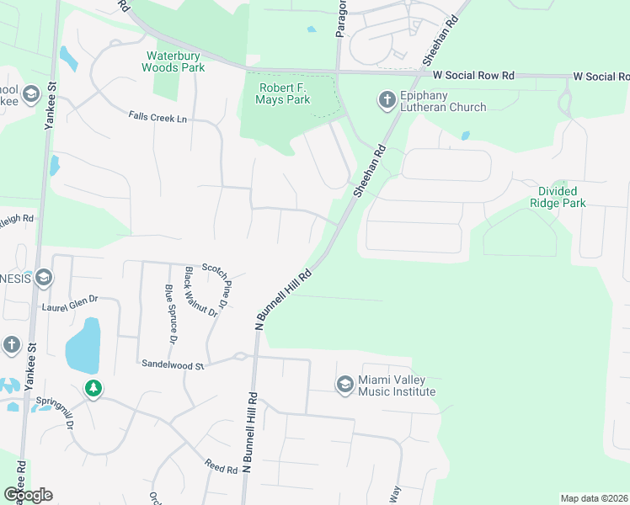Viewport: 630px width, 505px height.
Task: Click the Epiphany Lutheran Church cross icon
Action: [387, 100]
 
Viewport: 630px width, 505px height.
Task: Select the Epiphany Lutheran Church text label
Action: [443, 101]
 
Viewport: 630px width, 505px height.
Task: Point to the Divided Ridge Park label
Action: [557, 197]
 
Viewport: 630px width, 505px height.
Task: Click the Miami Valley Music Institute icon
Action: [344, 385]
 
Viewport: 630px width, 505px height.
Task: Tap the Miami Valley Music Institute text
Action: [396, 385]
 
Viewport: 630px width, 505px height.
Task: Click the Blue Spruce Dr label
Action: [169, 314]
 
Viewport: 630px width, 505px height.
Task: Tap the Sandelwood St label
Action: [174, 365]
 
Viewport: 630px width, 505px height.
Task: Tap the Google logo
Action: [28, 494]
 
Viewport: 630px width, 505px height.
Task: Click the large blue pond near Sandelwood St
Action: [83, 346]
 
